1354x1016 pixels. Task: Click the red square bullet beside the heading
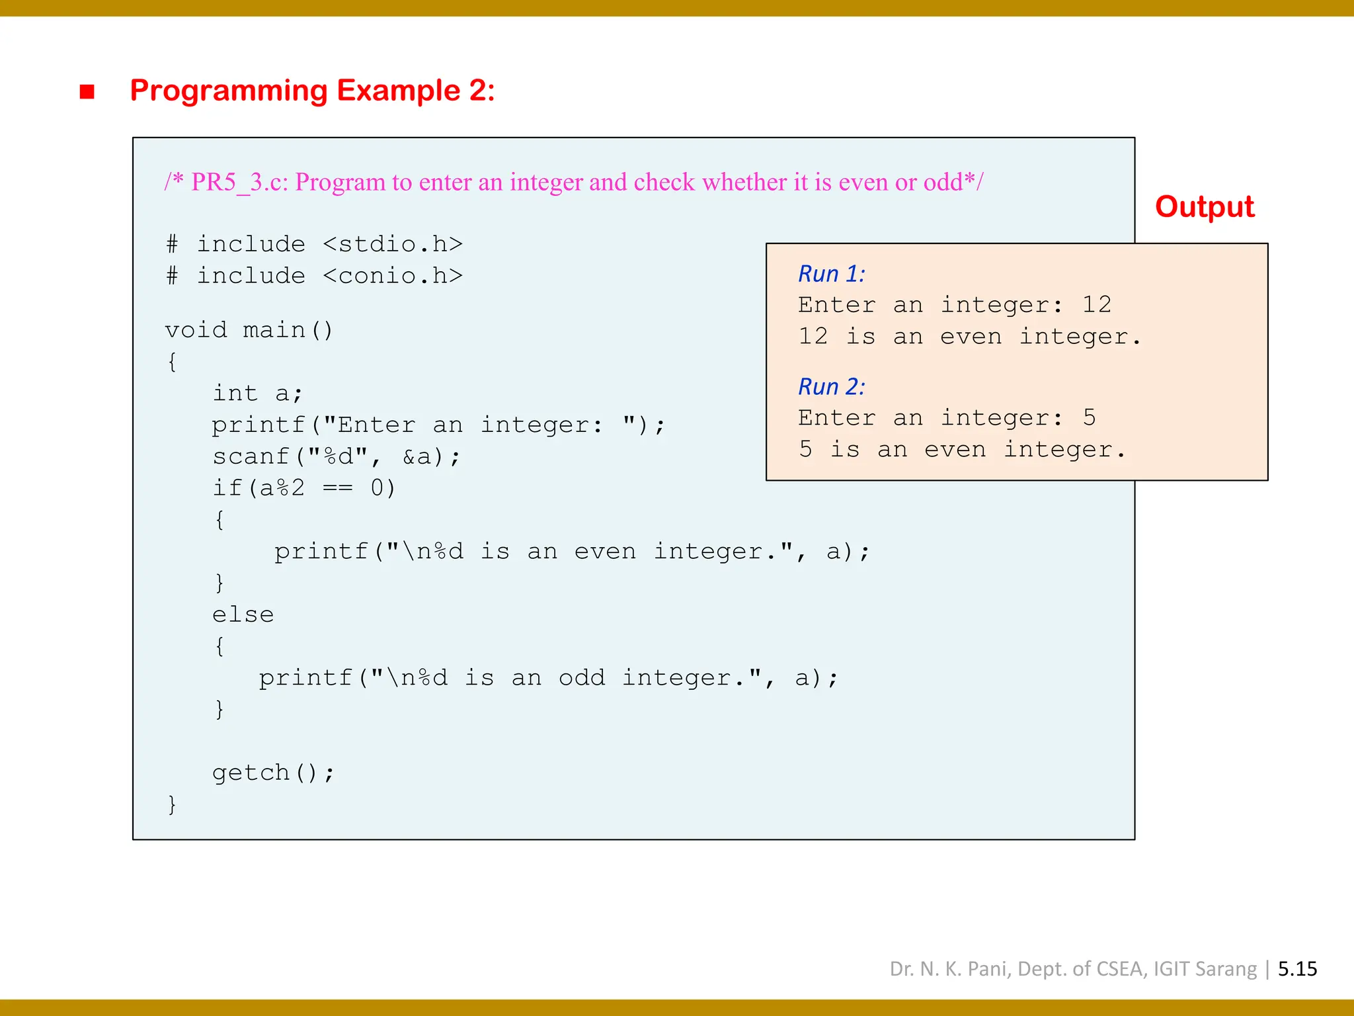click(x=87, y=91)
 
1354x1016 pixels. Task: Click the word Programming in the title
click(x=229, y=90)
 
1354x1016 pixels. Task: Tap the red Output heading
click(x=1204, y=207)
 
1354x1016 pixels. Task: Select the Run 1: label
click(x=831, y=274)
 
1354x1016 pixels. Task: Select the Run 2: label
click(x=831, y=387)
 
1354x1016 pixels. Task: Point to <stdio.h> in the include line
click(x=393, y=244)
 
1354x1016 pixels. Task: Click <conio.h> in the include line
click(x=393, y=276)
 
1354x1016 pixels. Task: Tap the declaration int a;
click(x=257, y=394)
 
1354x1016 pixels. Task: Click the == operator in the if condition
click(x=337, y=488)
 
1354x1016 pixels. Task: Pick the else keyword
click(x=243, y=614)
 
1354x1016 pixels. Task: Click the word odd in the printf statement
click(x=582, y=678)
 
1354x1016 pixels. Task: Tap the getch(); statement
click(x=273, y=773)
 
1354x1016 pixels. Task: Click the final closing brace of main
click(x=172, y=804)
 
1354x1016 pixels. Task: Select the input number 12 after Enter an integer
click(x=1096, y=304)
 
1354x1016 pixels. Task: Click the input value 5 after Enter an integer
click(x=1089, y=417)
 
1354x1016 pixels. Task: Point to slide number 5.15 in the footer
click(x=1297, y=969)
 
